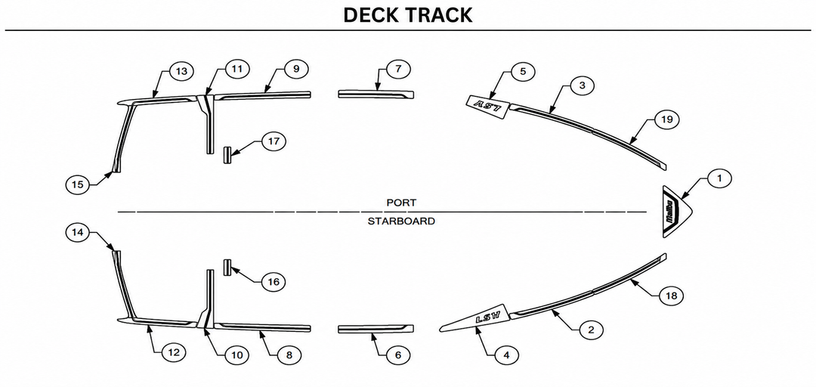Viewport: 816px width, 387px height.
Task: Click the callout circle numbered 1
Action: coord(719,178)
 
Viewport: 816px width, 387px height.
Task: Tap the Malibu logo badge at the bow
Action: coord(676,212)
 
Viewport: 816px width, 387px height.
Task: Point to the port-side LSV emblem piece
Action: coord(489,107)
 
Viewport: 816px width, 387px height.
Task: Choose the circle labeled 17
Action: coord(274,141)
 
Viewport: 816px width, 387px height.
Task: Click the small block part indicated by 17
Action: coord(227,155)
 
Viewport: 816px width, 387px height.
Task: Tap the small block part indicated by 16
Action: coord(227,268)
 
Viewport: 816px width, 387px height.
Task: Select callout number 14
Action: coord(78,233)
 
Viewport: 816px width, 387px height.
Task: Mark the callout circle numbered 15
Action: coord(78,184)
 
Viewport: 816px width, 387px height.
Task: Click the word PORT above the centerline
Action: coord(401,202)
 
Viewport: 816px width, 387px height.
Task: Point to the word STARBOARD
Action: coord(401,221)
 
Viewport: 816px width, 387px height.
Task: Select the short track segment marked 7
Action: coord(376,94)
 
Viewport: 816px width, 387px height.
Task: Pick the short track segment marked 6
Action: coord(376,329)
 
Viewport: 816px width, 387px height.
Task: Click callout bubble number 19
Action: coord(666,119)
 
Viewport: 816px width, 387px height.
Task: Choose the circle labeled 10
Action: coord(236,355)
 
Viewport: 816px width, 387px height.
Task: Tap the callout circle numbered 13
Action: coord(181,71)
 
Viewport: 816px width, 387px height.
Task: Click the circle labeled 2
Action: coord(590,330)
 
